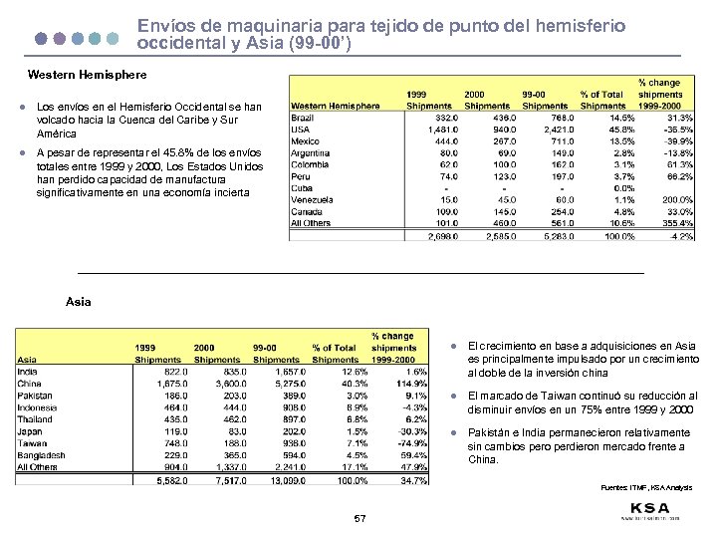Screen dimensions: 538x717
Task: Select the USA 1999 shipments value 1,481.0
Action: (439, 130)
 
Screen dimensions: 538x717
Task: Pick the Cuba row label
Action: (302, 188)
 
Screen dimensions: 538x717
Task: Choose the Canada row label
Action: (306, 211)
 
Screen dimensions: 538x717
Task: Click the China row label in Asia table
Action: (30, 384)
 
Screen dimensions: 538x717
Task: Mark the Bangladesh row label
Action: (42, 454)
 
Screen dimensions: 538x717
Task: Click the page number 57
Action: (360, 519)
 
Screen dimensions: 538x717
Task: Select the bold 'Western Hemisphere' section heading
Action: (87, 75)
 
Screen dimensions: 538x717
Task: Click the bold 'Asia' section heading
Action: (78, 300)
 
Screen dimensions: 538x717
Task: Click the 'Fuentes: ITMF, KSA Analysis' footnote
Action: (645, 488)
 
